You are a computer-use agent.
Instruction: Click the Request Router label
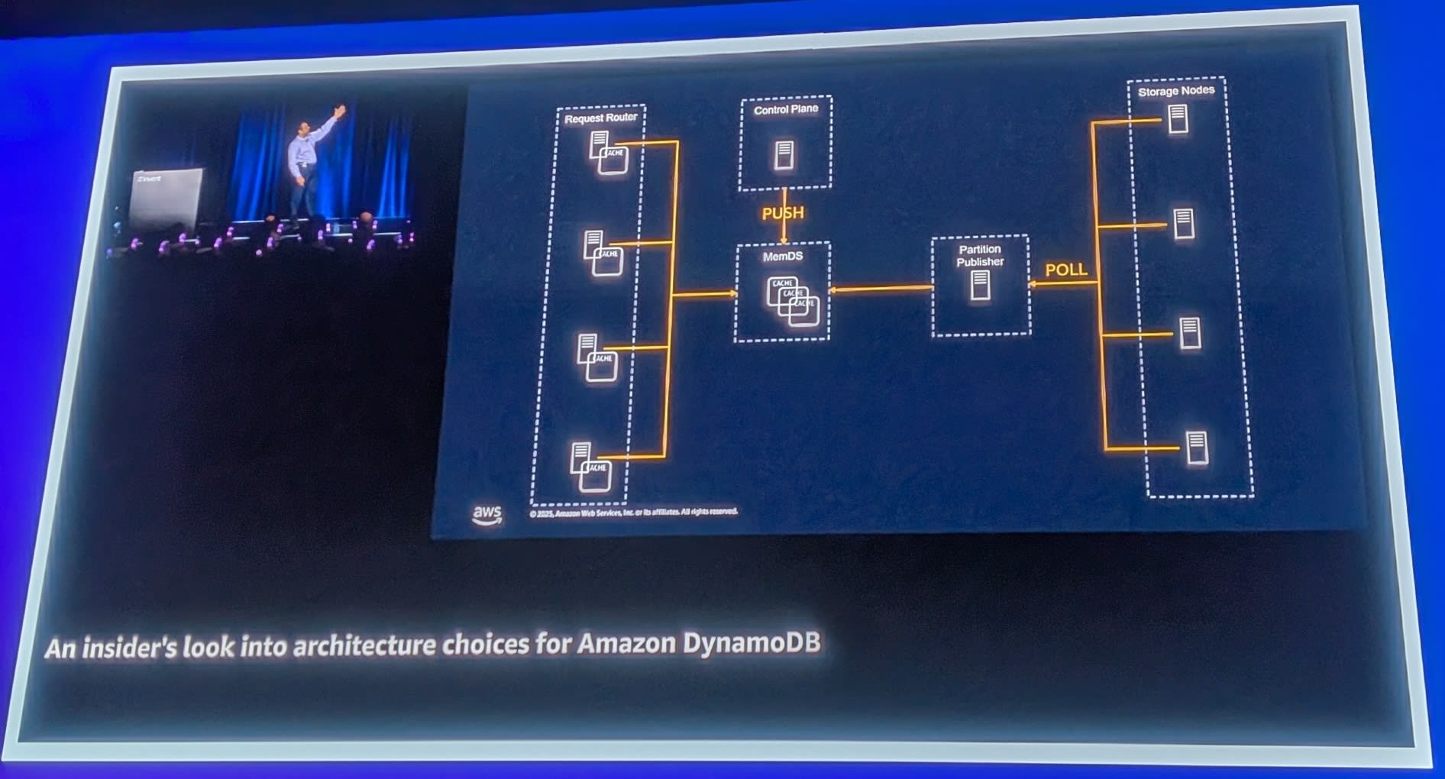point(600,118)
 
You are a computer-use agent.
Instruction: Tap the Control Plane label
point(786,110)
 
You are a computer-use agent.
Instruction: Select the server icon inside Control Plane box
point(784,155)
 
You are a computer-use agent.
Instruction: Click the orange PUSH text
point(783,213)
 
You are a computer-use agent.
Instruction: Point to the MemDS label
point(783,257)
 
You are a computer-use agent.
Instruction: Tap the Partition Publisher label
point(980,256)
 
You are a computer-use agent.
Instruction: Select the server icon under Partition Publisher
point(981,286)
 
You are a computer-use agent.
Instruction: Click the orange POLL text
point(1066,270)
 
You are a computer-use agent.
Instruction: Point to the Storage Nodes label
point(1176,91)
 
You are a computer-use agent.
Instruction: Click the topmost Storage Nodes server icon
point(1178,119)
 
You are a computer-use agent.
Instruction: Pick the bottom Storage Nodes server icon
point(1197,448)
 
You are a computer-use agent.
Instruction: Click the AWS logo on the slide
point(487,515)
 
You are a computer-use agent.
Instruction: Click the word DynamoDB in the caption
point(752,642)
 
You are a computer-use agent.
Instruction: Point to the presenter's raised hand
point(340,110)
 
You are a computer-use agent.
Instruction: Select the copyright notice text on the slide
point(634,512)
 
